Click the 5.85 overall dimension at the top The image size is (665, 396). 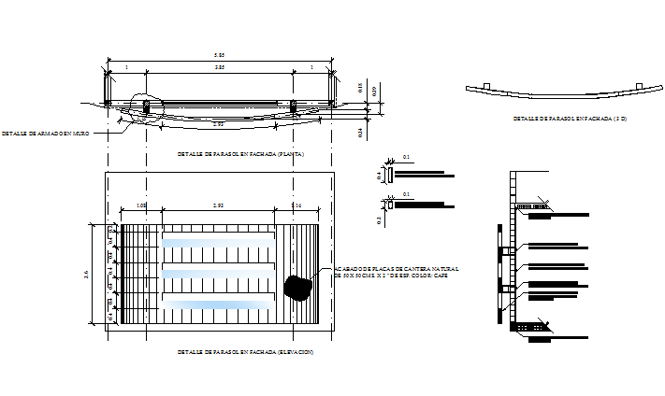point(219,56)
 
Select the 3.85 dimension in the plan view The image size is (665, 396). point(219,68)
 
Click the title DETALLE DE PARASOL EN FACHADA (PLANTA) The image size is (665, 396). point(240,153)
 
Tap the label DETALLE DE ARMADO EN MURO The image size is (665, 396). point(45,134)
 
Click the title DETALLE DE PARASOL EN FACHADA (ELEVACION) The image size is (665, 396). point(245,351)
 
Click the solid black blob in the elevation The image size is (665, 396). point(298,287)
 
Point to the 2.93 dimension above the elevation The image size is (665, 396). point(218,205)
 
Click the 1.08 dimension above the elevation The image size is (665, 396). point(141,205)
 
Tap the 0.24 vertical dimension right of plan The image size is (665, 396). point(361,133)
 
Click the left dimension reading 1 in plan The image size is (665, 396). point(126,68)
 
